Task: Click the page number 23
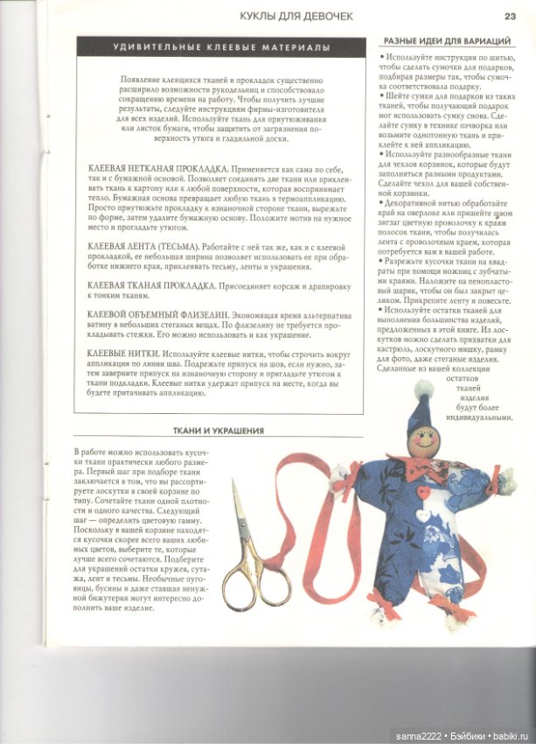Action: pos(510,16)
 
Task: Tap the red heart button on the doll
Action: pos(423,492)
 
